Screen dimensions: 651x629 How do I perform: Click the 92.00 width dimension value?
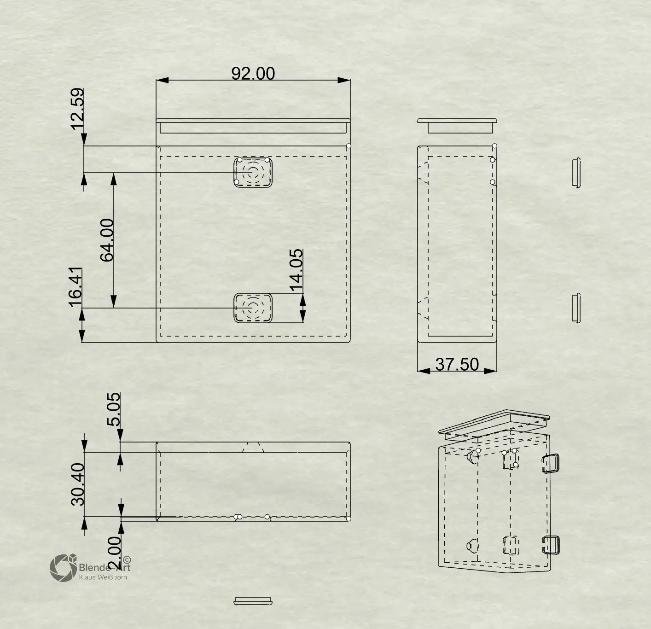(253, 73)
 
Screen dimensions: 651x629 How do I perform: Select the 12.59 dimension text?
(77, 109)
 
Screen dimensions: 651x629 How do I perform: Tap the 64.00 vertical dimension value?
(107, 240)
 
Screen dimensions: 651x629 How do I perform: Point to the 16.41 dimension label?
(75, 287)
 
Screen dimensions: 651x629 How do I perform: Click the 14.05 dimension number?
(296, 270)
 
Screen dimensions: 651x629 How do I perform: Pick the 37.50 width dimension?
(457, 364)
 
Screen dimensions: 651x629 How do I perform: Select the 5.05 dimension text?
(114, 409)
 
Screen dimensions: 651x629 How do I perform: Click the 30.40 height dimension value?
(78, 484)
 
